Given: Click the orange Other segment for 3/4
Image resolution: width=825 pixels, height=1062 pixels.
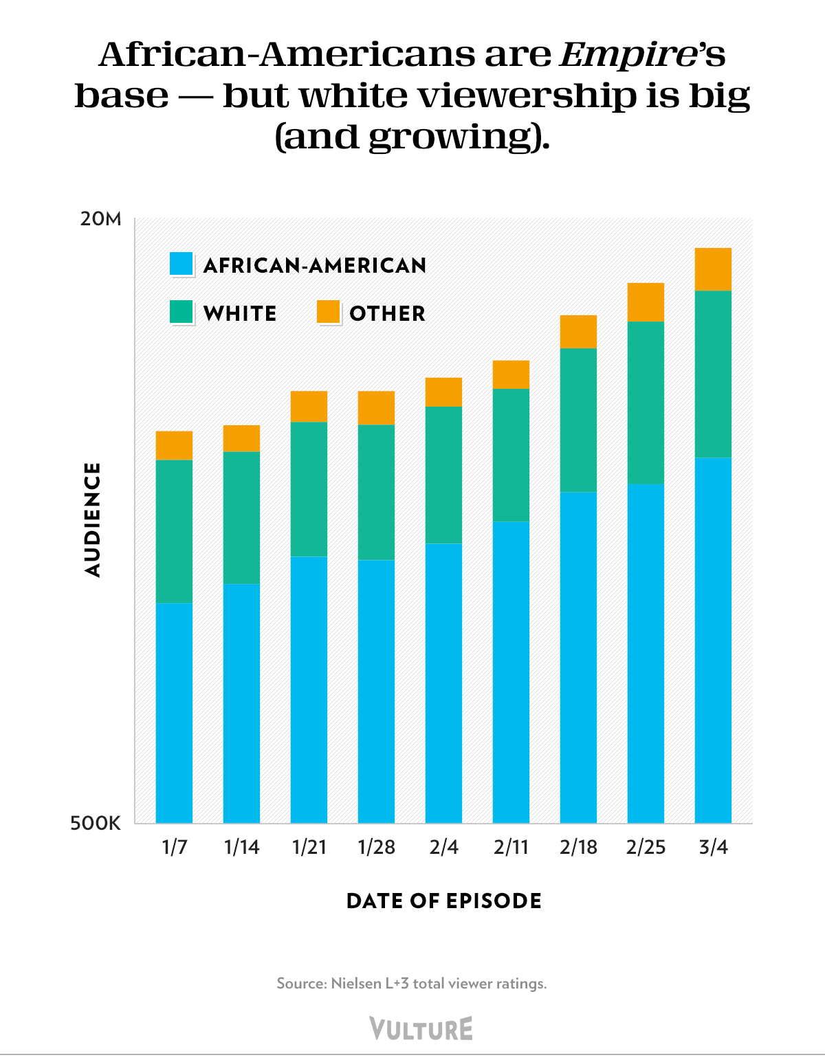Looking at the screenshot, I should (713, 269).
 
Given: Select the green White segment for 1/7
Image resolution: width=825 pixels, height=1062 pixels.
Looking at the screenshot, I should (174, 531).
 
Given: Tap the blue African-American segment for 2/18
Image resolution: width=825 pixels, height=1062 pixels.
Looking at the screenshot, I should (578, 657).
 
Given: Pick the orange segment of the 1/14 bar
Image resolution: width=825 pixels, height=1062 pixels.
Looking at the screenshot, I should (241, 438).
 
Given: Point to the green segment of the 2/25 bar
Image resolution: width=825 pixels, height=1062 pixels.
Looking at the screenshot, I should (646, 403).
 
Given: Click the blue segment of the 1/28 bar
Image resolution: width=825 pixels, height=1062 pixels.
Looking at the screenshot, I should (376, 690).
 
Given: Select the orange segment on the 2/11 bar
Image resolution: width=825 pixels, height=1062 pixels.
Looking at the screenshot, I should (511, 374).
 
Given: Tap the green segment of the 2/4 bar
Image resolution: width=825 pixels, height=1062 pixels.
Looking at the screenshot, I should (443, 475).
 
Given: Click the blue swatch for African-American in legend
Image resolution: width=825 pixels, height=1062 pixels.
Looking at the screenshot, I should (181, 264).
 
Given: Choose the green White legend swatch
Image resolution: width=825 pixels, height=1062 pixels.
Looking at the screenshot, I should (181, 312).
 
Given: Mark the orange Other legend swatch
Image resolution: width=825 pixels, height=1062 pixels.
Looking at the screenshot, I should (329, 312).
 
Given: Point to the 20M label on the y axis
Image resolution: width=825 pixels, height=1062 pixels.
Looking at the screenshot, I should (100, 219).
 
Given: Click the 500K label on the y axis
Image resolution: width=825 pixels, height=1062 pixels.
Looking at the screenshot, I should (96, 823).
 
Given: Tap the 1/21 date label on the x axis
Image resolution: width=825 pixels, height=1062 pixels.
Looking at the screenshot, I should (309, 847).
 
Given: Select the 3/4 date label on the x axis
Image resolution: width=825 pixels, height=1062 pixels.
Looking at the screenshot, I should (713, 847).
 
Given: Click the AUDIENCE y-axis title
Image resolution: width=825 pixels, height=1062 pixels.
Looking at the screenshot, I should (93, 519).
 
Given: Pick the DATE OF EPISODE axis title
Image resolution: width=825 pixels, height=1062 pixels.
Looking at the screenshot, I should (444, 901).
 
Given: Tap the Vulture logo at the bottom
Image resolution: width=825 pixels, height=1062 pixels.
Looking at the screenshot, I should (421, 1028).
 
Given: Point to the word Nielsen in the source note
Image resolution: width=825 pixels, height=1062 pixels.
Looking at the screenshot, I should (355, 983).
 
